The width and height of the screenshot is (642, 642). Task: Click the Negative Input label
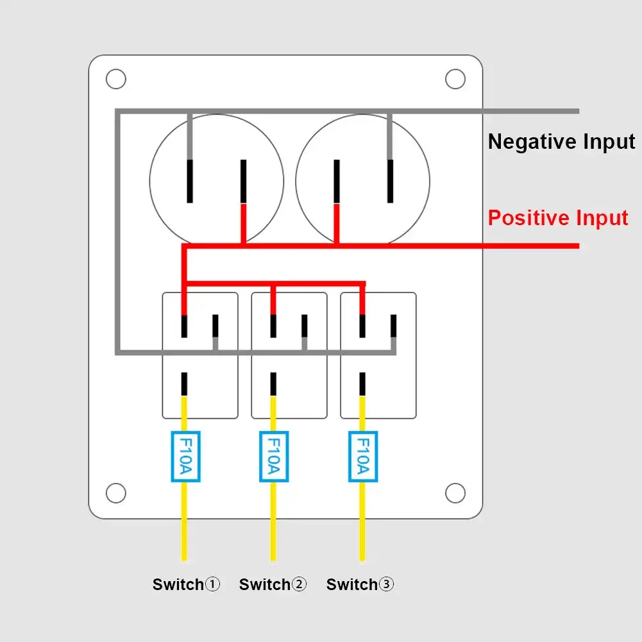pyautogui.click(x=561, y=142)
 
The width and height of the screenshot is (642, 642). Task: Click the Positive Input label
pyautogui.click(x=558, y=218)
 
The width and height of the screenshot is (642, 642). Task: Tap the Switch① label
pyautogui.click(x=186, y=584)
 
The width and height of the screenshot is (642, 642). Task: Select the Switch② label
pyautogui.click(x=273, y=584)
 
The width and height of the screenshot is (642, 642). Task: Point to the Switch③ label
pyautogui.click(x=360, y=584)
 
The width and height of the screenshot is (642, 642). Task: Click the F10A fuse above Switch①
pyautogui.click(x=185, y=456)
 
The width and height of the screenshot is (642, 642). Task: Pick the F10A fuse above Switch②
pyautogui.click(x=273, y=456)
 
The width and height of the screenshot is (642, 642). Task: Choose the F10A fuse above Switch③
pyautogui.click(x=362, y=456)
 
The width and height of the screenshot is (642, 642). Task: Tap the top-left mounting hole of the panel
pyautogui.click(x=115, y=80)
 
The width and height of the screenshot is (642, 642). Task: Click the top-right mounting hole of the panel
pyautogui.click(x=455, y=80)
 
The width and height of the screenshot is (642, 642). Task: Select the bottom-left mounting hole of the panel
pyautogui.click(x=115, y=493)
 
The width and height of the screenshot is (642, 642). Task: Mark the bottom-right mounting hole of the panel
pyautogui.click(x=455, y=493)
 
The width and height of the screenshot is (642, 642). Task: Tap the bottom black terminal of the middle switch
pyautogui.click(x=273, y=384)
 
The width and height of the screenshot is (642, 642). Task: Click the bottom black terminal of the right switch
pyautogui.click(x=362, y=384)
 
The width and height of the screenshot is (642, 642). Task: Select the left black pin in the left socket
pyautogui.click(x=190, y=181)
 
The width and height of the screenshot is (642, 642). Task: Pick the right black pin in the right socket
pyautogui.click(x=389, y=181)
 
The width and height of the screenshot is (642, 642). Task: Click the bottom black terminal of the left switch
pyautogui.click(x=185, y=384)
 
